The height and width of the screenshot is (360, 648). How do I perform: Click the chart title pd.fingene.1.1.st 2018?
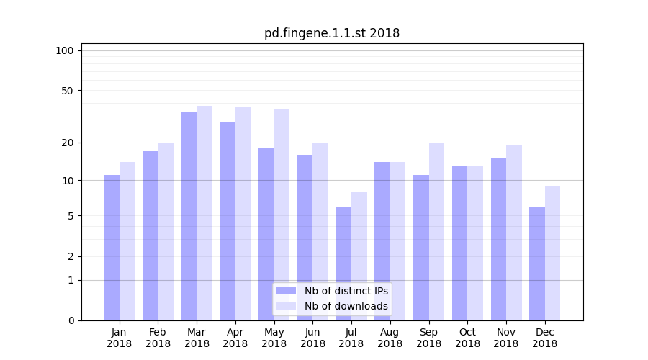332,33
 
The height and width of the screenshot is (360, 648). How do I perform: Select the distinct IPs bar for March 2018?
189,216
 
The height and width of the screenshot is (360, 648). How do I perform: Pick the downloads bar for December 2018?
552,253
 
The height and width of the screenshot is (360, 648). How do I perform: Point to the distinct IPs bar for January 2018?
112,248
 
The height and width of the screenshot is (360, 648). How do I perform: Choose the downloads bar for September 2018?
436,231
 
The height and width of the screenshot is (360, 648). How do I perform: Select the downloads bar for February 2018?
166,231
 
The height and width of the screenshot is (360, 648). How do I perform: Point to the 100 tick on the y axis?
65,50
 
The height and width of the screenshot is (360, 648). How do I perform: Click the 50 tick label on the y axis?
67,91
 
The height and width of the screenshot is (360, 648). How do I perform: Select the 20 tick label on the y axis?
67,143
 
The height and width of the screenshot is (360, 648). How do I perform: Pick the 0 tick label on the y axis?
71,320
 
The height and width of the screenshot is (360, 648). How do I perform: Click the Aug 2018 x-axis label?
390,338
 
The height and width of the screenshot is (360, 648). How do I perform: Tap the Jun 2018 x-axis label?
312,338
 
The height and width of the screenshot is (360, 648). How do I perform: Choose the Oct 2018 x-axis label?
467,338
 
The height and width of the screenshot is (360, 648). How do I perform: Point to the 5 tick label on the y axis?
71,216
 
